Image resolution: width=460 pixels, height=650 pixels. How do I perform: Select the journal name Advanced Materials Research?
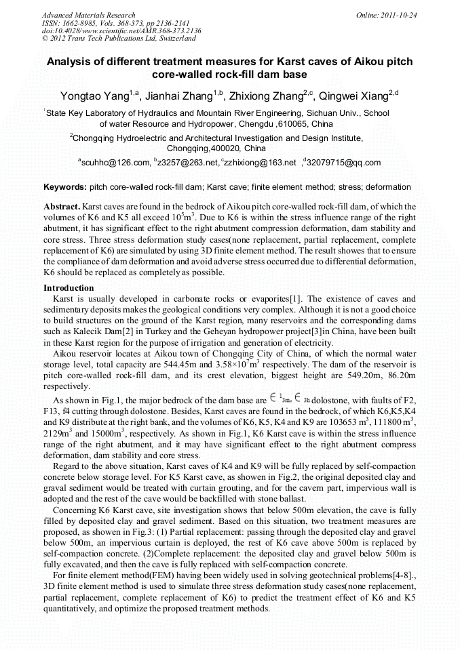(88, 14)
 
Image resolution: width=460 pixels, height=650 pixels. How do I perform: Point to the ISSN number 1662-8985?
(80, 22)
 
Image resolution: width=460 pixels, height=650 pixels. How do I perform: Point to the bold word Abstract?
(62, 205)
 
